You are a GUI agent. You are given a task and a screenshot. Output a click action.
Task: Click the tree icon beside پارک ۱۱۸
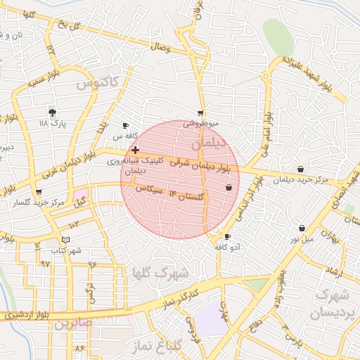point(51,112)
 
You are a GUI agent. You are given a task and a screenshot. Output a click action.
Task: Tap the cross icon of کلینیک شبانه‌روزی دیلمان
point(135,150)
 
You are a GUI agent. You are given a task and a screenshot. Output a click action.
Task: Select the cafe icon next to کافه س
point(126,125)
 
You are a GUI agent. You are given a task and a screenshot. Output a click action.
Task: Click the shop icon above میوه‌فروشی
point(200,112)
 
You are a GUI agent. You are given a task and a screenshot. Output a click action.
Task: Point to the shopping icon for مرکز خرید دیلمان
point(301,169)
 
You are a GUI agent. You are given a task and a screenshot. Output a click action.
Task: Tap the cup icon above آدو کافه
point(226,236)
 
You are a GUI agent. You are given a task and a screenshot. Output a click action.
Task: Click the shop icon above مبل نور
point(302,228)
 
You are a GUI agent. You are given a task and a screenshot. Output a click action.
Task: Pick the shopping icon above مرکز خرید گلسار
point(38,191)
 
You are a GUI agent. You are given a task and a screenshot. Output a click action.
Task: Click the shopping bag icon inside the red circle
point(229,188)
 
